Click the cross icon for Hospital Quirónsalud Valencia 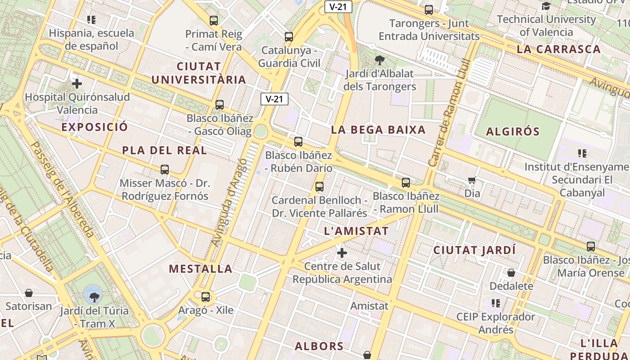coord(77,84)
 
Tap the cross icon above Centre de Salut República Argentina coord(342,253)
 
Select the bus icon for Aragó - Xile coord(206,297)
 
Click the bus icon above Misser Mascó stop coord(165,170)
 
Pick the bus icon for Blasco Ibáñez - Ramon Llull coord(406,183)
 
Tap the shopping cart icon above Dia coord(472,180)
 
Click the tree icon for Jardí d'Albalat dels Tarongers coord(380,60)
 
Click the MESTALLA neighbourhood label coord(201,269)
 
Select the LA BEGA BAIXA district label coord(378,130)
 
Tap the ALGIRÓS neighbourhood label coord(513,132)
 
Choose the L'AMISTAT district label coord(356,231)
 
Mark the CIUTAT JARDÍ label coord(474,250)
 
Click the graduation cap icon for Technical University coord(546,6)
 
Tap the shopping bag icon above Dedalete coord(511,273)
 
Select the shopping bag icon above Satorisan coord(29,293)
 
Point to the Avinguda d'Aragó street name coord(229,202)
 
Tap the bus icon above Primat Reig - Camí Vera coord(214,21)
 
